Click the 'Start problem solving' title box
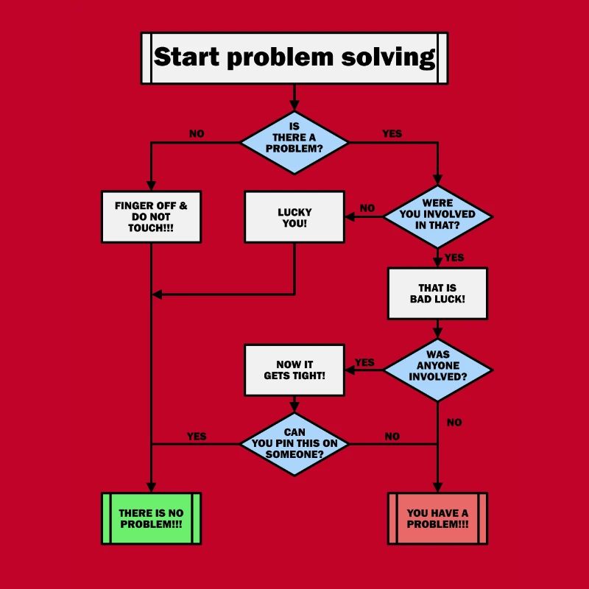point(294,58)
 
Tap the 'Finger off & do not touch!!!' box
point(151,216)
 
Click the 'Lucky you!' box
point(294,216)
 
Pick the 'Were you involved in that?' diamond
point(437,216)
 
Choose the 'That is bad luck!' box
point(437,293)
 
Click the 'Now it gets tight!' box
point(294,370)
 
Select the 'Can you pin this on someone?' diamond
point(294,444)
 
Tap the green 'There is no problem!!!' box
point(151,518)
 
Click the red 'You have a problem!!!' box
point(437,518)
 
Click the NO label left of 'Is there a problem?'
point(197,134)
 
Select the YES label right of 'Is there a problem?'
point(392,134)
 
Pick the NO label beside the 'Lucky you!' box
point(367,208)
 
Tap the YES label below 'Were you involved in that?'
point(454,258)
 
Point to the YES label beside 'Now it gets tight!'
point(364,362)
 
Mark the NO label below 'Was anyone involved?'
point(454,423)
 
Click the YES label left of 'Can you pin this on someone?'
point(197,437)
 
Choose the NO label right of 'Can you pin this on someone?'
point(392,437)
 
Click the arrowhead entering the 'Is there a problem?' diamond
point(294,105)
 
